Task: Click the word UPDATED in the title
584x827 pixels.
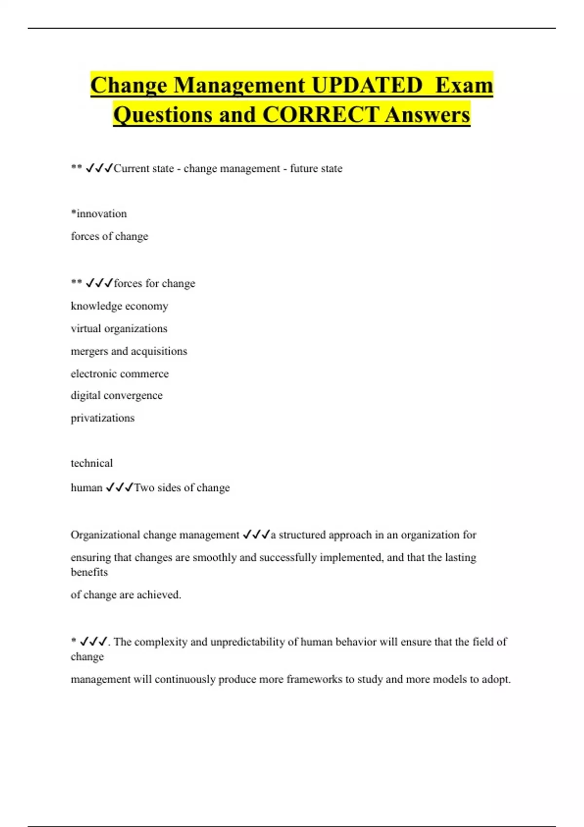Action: click(367, 86)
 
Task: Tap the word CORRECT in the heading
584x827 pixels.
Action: click(320, 115)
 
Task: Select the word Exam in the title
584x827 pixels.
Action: click(464, 86)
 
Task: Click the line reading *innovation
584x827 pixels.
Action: click(99, 214)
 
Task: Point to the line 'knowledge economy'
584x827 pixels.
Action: click(119, 306)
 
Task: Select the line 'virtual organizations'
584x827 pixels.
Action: click(119, 328)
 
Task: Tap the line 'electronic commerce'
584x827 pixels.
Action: click(120, 374)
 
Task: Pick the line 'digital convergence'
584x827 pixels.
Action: click(116, 396)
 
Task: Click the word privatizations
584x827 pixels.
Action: click(103, 418)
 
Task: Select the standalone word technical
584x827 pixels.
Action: click(91, 463)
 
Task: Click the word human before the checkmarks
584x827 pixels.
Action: click(87, 487)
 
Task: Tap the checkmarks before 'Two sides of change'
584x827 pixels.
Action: click(119, 487)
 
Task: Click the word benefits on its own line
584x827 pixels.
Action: click(89, 572)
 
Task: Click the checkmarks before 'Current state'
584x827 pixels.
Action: click(99, 168)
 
